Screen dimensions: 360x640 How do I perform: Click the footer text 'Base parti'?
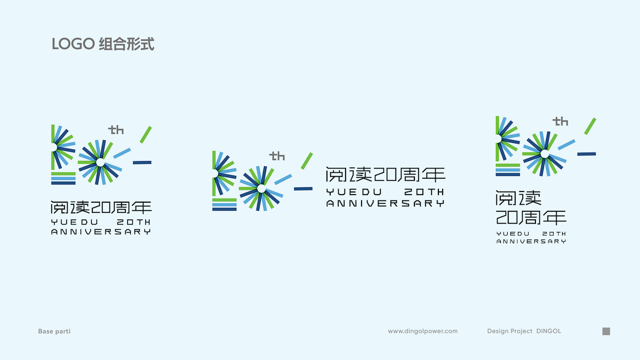tap(54, 331)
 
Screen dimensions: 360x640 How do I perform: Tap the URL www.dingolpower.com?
tap(422, 331)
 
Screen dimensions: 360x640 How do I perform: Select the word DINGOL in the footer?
tap(548, 331)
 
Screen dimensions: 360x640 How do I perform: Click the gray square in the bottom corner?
tap(606, 331)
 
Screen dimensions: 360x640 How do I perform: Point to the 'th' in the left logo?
tap(116, 130)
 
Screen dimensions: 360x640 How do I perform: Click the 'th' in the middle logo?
tap(277, 156)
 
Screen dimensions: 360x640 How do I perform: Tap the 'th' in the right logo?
tap(561, 122)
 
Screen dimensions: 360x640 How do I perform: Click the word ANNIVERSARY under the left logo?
tap(101, 231)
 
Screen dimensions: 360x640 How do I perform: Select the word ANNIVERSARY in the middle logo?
tap(385, 203)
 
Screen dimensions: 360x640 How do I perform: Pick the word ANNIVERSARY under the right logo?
tap(531, 241)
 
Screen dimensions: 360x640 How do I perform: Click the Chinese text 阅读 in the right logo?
tap(518, 198)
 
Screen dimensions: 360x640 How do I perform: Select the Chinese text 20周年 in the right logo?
tap(531, 217)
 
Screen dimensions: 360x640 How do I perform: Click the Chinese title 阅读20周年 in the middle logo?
tap(385, 175)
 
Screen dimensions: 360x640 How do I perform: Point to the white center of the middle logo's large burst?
tap(261, 189)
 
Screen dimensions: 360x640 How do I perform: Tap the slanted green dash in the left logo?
tap(146, 134)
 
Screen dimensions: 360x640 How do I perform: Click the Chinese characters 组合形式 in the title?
tap(127, 44)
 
